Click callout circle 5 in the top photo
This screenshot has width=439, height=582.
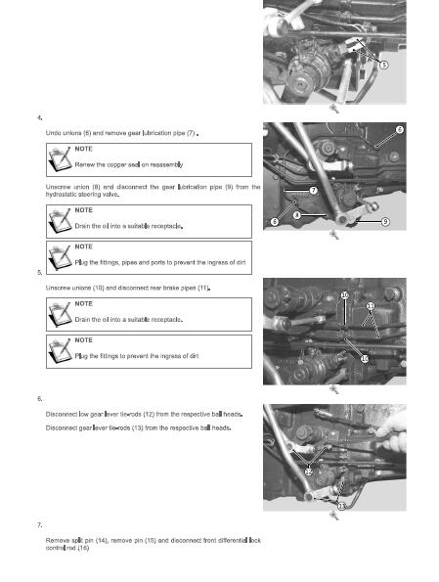coord(384,65)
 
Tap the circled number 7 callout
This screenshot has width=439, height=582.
coord(314,191)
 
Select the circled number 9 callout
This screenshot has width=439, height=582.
coord(385,222)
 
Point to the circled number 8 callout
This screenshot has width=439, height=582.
coord(297,215)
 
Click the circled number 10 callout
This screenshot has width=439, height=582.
coord(345,295)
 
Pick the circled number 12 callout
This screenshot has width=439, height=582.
coord(308,471)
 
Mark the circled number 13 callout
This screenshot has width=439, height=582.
coord(341,506)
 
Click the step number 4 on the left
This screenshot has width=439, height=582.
coord(39,118)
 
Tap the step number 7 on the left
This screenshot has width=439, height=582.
coord(39,525)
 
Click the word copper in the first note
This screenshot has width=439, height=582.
coord(116,164)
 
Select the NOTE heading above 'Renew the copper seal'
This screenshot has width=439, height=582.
coord(83,149)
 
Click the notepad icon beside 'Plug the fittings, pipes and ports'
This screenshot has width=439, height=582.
coord(60,257)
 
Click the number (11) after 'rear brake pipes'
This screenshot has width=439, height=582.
coord(203,288)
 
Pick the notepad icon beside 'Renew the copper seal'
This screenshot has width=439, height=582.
coord(60,159)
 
